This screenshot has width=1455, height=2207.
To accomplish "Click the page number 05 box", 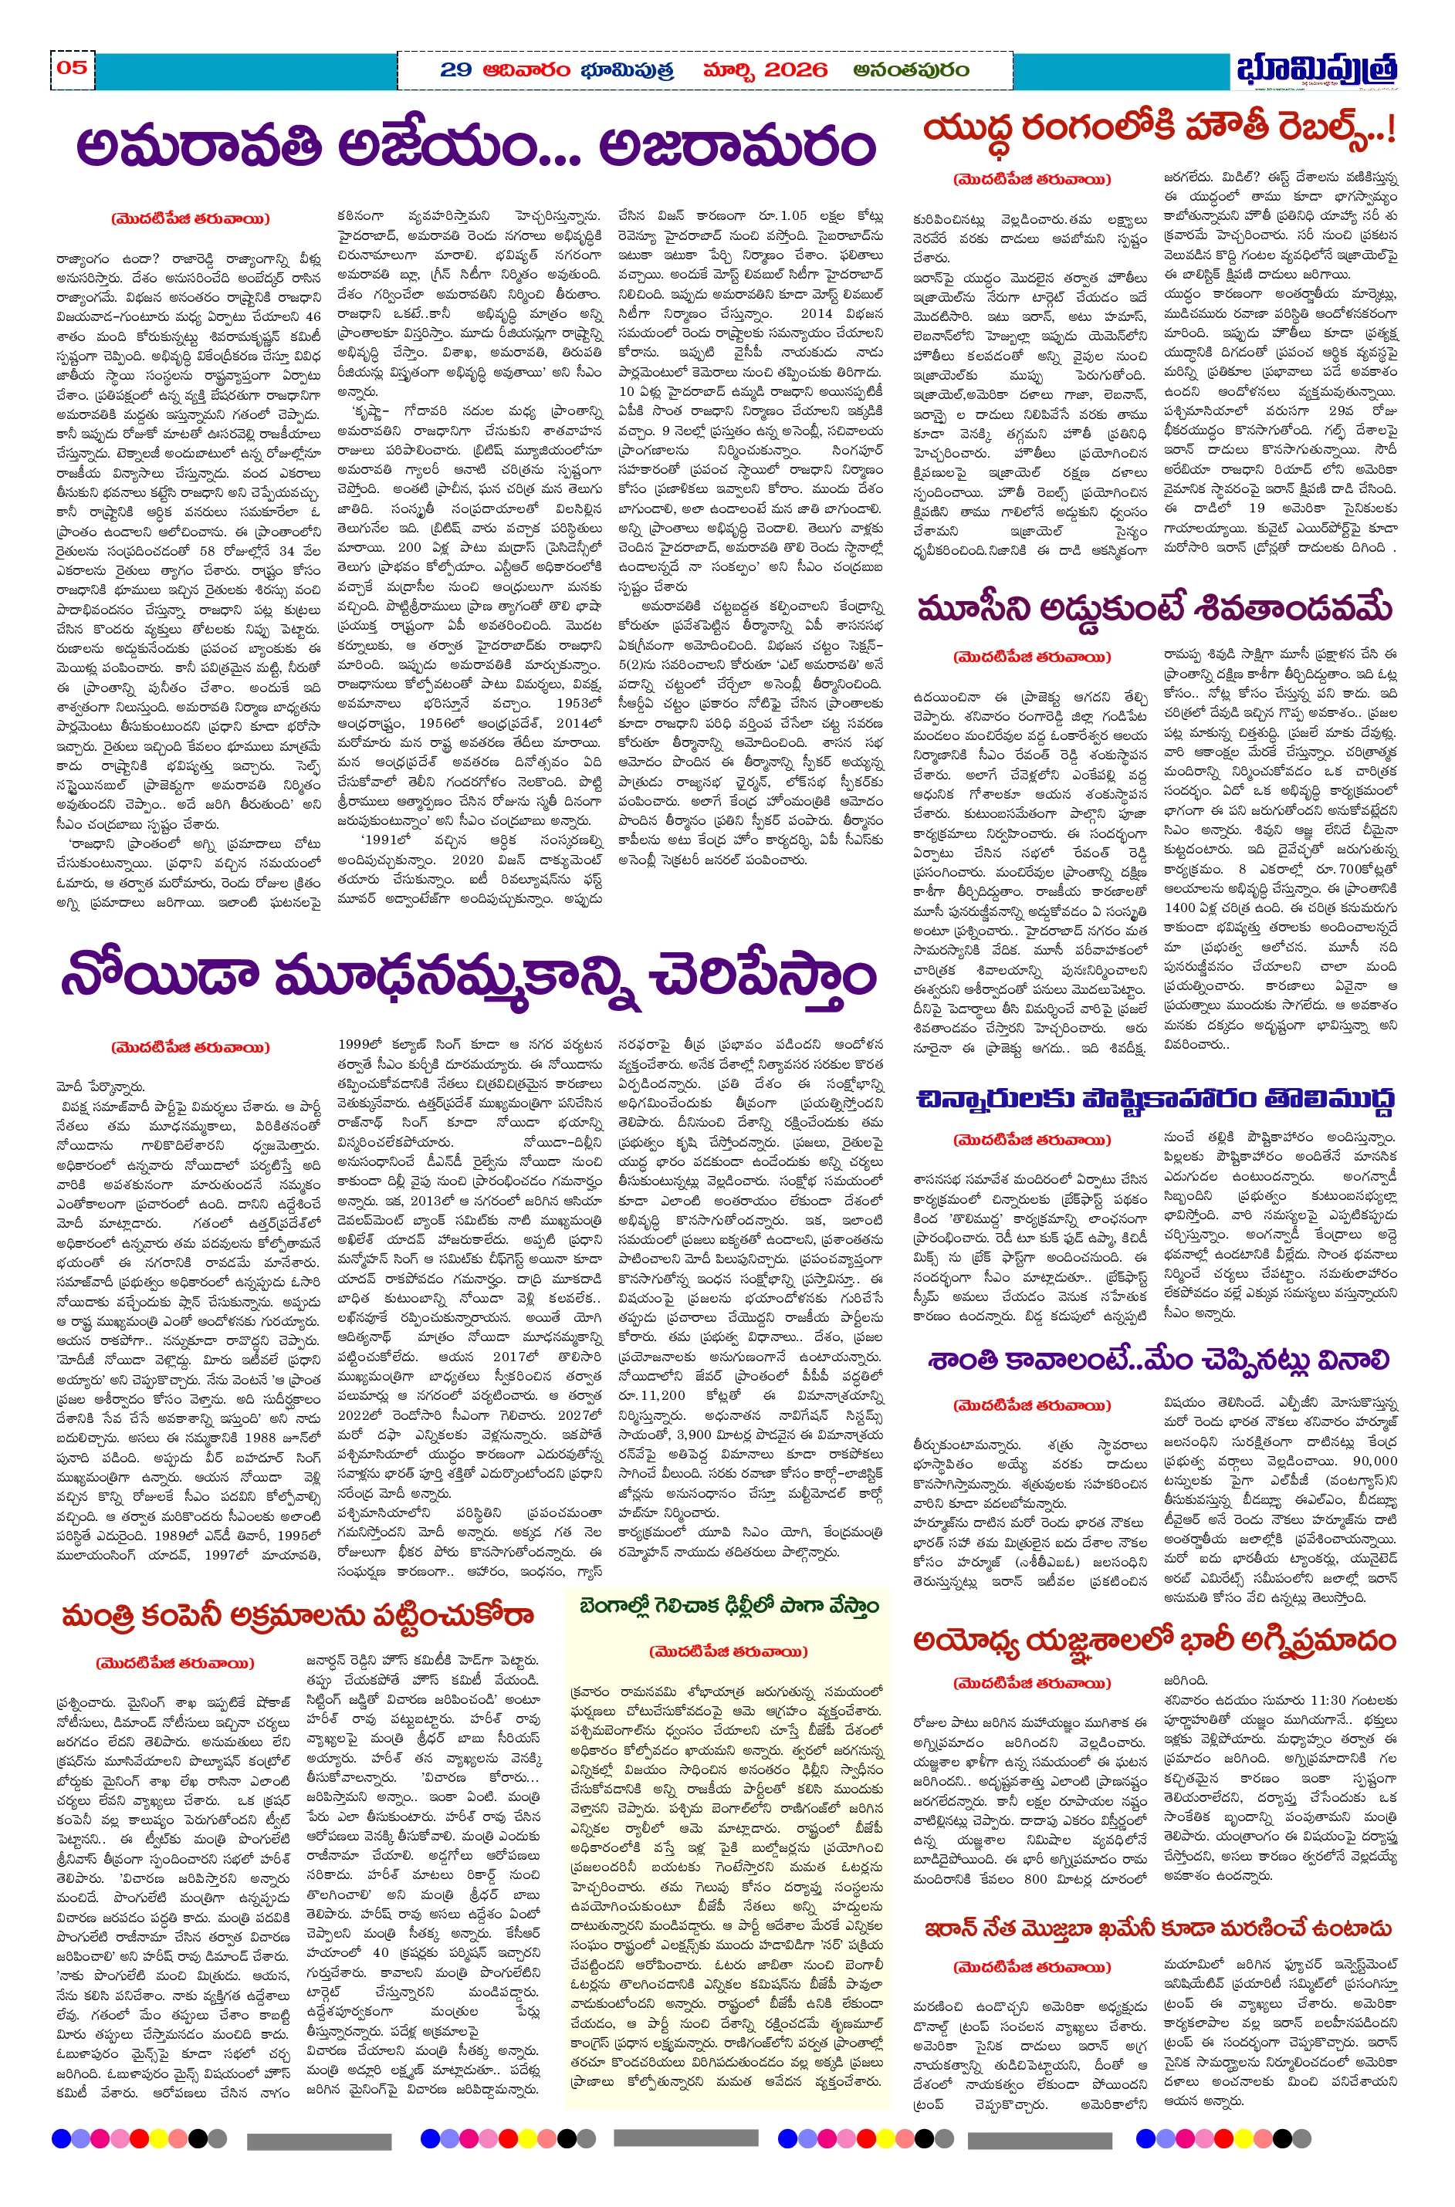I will point(72,68).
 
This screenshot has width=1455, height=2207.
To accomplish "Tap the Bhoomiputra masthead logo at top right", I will point(1317,70).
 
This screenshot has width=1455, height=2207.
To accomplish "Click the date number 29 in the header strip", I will point(455,69).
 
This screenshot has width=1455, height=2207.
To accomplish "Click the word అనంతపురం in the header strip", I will point(912,69).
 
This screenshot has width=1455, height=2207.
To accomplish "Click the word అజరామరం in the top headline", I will point(738,147).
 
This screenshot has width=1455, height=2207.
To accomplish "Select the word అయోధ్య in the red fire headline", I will point(972,1641).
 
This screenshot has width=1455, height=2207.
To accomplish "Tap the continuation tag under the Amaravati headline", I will point(190,219).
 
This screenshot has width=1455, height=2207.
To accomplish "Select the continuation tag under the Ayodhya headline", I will point(1031,1683).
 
